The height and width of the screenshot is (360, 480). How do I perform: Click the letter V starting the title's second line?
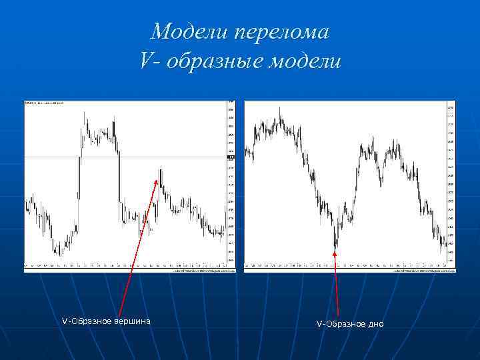coord(147,61)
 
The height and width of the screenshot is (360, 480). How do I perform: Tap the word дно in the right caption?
coord(376,324)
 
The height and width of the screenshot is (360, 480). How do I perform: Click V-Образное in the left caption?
coord(85,321)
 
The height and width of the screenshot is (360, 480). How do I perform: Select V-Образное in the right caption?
coord(341,324)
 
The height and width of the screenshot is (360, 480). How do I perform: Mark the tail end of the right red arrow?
coord(339,315)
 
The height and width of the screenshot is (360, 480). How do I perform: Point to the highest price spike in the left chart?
coord(85,111)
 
